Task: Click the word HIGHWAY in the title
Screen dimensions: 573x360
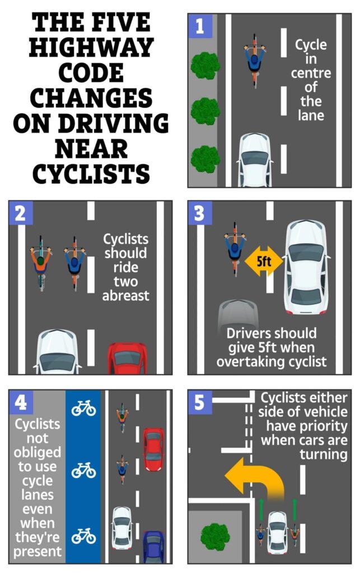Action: [90, 48]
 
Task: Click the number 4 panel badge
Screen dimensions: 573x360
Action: [21, 402]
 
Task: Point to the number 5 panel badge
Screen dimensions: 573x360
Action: [199, 402]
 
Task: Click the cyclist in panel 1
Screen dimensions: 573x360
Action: [255, 59]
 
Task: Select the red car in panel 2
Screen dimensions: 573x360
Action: [127, 359]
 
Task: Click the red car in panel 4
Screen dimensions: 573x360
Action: [153, 449]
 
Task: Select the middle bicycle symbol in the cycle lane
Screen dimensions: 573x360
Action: [83, 470]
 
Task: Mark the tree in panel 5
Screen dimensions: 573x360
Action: [215, 536]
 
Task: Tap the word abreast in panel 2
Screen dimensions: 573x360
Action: [125, 295]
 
